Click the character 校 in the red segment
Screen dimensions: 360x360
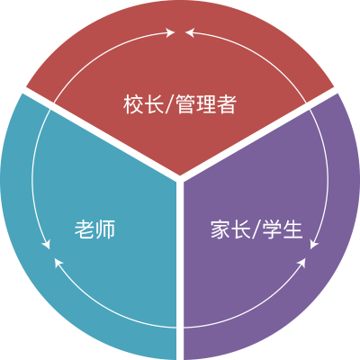(x=133, y=104)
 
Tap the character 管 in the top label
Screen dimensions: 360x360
(x=186, y=104)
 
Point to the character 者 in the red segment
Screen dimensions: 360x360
(x=227, y=104)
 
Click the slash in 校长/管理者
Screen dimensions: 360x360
(x=169, y=104)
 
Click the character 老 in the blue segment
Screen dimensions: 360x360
(x=85, y=229)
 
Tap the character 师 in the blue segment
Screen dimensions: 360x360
(x=105, y=229)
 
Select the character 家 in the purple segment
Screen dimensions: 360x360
(x=220, y=229)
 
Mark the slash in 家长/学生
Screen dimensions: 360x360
(x=256, y=229)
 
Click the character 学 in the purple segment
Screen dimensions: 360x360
(x=273, y=229)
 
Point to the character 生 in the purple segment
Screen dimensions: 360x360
(x=292, y=229)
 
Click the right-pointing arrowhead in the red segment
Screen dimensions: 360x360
(x=170, y=32)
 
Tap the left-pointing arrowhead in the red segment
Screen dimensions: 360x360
(x=190, y=32)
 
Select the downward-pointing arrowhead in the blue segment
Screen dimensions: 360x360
(x=46, y=244)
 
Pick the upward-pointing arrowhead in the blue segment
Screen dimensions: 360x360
(x=58, y=263)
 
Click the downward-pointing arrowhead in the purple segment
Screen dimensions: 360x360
(x=314, y=244)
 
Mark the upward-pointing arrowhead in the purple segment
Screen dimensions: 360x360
(x=301, y=263)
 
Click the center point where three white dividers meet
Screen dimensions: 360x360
(x=180, y=179)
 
